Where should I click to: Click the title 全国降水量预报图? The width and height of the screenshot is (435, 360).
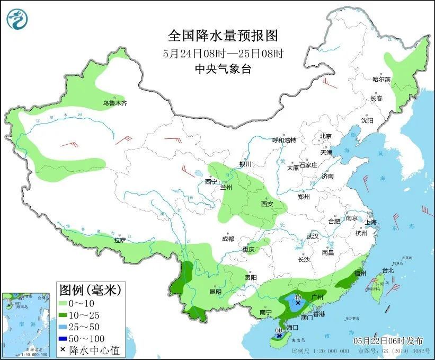click(223, 36)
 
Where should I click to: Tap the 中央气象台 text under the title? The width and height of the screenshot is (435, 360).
click(223, 68)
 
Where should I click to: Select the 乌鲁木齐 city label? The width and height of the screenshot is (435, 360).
click(114, 103)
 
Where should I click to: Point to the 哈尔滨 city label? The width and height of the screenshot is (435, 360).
click(381, 79)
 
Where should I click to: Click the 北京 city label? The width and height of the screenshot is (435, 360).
click(325, 136)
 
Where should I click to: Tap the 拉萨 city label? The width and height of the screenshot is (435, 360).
click(120, 240)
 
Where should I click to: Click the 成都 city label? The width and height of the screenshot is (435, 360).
click(228, 239)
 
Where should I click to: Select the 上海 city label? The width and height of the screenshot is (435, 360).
click(370, 222)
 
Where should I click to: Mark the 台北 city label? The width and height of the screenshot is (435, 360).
click(387, 270)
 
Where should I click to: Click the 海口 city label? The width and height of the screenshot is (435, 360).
click(292, 329)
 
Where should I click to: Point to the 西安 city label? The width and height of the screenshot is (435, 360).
click(267, 204)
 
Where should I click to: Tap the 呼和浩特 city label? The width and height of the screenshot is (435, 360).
click(284, 140)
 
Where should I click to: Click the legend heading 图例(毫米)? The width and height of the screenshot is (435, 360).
click(90, 290)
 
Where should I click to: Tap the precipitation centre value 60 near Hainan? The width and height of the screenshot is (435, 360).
click(278, 330)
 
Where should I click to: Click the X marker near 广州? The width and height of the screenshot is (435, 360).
click(298, 303)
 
